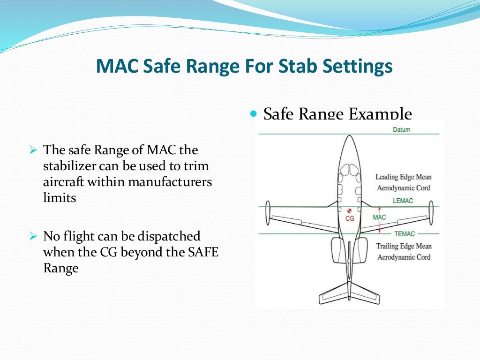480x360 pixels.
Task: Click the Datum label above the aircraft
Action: [x=401, y=129]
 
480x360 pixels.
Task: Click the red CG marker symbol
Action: [x=349, y=211]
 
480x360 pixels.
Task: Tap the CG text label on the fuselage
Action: [x=349, y=218]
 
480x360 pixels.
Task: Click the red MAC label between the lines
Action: [x=379, y=217]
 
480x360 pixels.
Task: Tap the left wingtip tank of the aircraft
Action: [x=268, y=213]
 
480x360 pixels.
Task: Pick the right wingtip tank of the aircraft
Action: [x=429, y=213]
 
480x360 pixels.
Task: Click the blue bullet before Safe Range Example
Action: [x=255, y=114]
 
